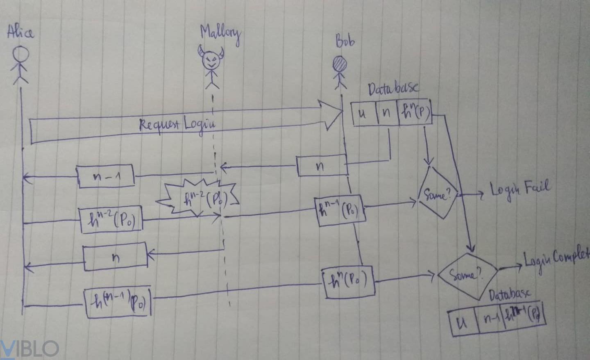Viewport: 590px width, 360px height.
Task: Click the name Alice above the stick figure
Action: click(x=20, y=32)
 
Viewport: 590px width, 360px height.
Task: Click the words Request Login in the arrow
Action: click(x=177, y=124)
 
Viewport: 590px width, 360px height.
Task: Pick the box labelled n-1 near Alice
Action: click(x=106, y=176)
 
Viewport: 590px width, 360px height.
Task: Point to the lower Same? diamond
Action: click(x=467, y=274)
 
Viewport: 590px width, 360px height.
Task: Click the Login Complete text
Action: click(x=556, y=258)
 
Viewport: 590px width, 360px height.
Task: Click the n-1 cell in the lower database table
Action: click(x=490, y=319)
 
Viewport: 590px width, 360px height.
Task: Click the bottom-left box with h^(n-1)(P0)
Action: click(x=118, y=303)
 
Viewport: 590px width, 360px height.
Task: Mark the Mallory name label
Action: click(x=220, y=34)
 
